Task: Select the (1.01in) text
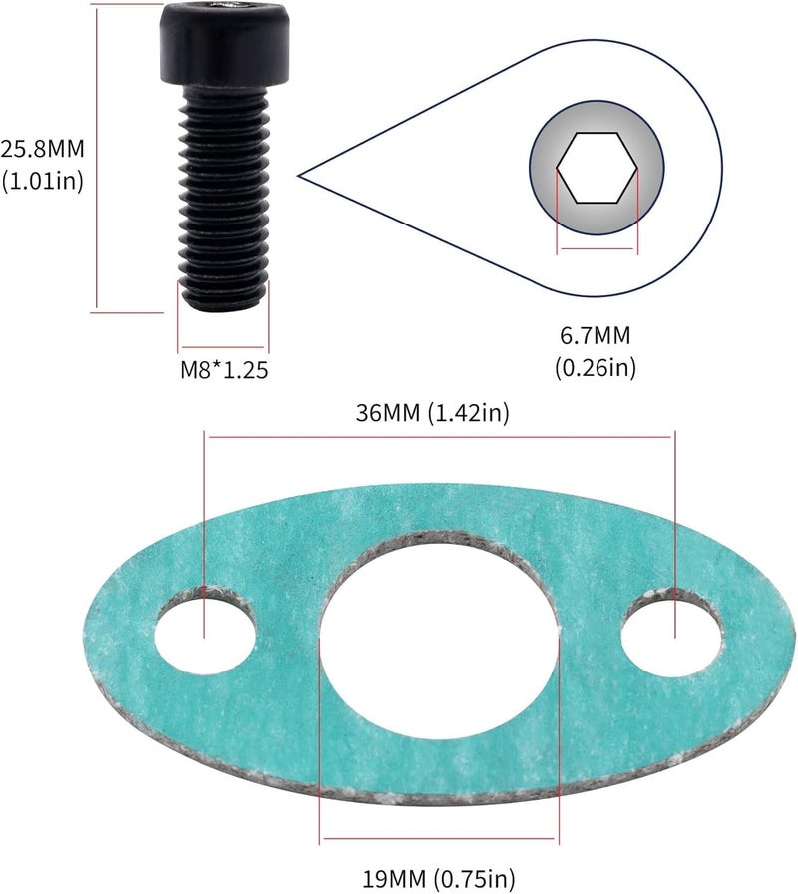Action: (x=42, y=181)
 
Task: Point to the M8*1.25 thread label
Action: (x=224, y=369)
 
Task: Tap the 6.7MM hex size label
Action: (x=596, y=336)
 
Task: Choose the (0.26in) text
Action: (x=596, y=367)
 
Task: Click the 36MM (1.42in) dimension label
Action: (x=432, y=414)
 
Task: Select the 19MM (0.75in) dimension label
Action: (x=439, y=878)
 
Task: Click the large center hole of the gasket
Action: (x=439, y=639)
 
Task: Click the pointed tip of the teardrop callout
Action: (x=301, y=177)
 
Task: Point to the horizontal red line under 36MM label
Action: (x=439, y=435)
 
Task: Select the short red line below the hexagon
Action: (x=597, y=249)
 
